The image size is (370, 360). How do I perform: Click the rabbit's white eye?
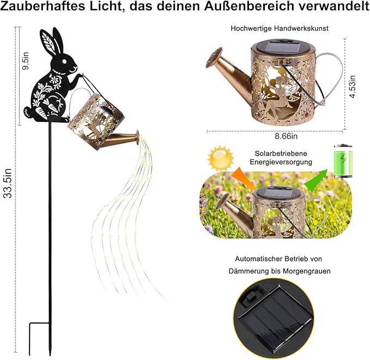(x=64, y=62)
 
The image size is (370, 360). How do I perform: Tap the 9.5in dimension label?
(x=25, y=60)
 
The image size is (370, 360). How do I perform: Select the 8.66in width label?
(x=286, y=136)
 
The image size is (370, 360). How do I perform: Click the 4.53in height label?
(x=353, y=87)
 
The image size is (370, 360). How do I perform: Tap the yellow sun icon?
(x=221, y=158)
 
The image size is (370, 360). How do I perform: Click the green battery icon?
(x=343, y=161)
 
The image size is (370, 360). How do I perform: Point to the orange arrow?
(x=244, y=178)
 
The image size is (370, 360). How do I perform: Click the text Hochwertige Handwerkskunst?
(x=280, y=28)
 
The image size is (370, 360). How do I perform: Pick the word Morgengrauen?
(x=307, y=271)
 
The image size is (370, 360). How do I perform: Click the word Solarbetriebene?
(x=281, y=154)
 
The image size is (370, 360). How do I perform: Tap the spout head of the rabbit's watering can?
(x=137, y=137)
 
